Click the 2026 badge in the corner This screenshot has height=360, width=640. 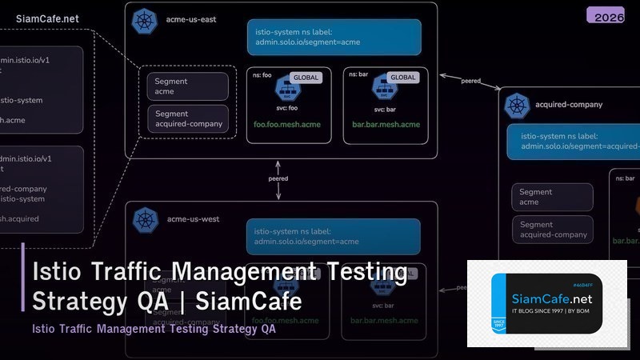pos(605,15)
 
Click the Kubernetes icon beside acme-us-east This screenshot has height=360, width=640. pos(146,19)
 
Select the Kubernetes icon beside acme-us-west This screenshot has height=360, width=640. pos(146,218)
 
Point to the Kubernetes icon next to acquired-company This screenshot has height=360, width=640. pos(516,104)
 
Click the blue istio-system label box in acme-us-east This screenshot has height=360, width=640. pos(334,37)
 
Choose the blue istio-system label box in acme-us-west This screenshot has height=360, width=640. pos(332,236)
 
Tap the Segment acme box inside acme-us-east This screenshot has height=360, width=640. pos(188,86)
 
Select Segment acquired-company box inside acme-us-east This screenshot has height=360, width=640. pos(188,118)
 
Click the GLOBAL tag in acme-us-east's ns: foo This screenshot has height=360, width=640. pos(305,78)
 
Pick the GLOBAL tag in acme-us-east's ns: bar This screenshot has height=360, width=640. pos(402,78)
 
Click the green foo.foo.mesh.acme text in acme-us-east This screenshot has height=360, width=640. pos(286,125)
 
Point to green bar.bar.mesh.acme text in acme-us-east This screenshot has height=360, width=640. pos(386,125)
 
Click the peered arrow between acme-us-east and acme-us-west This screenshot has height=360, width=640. pos(278,178)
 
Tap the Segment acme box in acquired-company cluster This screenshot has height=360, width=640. pos(552,197)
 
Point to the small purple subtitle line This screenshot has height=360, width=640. pos(154,329)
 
